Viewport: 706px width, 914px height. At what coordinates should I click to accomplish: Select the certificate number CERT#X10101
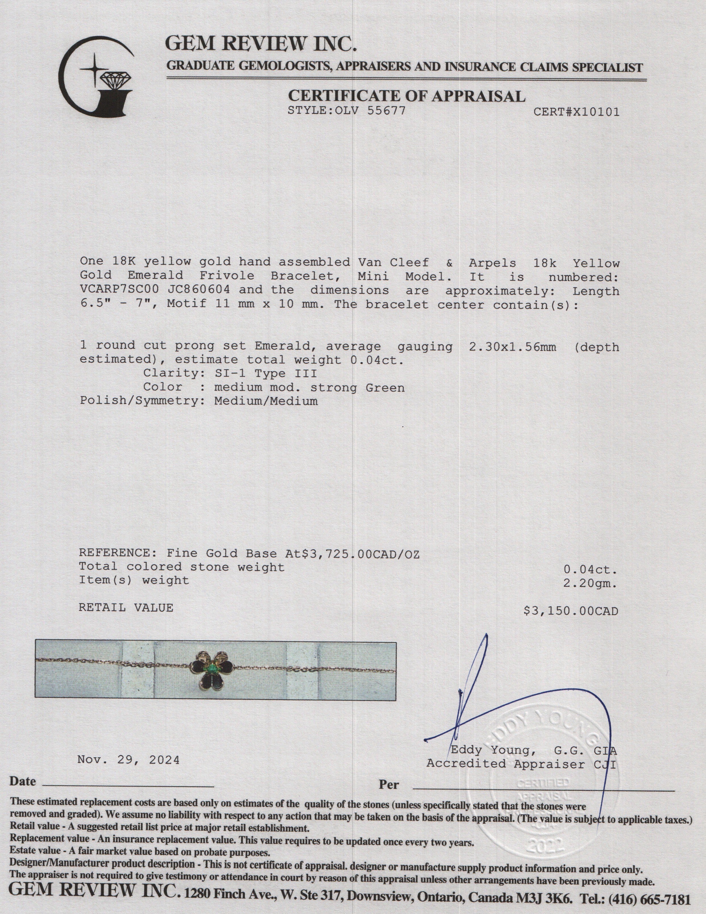point(576,112)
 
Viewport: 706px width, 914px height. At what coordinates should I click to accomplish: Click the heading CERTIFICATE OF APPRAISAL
point(406,96)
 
